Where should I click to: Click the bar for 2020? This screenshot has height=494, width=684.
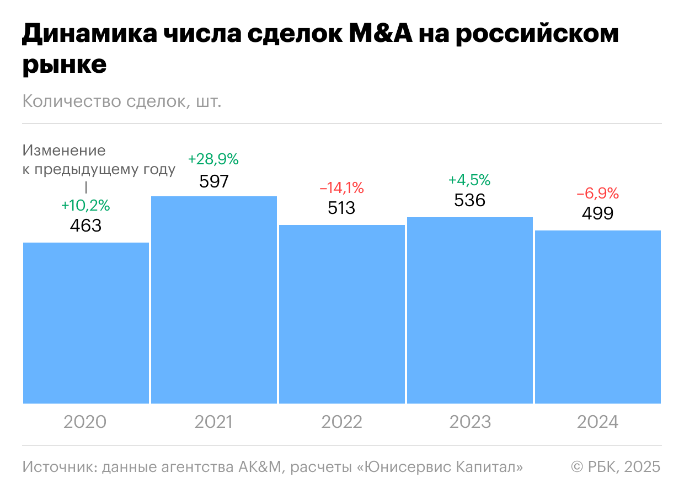86,323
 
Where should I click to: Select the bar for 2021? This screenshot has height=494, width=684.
214,300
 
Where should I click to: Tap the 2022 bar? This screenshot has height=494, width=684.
342,314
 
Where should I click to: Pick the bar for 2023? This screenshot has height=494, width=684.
470,310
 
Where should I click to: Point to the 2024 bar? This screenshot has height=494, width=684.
598,317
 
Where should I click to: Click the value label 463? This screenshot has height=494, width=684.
86,226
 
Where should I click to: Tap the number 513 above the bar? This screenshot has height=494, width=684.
342,208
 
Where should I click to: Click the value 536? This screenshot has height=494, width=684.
470,200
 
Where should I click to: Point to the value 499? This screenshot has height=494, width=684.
598,214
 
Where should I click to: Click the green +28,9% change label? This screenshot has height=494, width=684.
213,160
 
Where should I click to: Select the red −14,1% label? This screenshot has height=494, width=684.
342,189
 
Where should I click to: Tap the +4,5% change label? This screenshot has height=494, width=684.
469,180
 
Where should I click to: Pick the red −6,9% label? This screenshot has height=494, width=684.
598,194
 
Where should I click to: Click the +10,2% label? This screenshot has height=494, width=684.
85,206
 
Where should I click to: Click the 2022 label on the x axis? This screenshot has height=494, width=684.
342,422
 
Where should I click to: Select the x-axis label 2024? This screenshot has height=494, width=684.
598,422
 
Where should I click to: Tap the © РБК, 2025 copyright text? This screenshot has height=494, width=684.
616,467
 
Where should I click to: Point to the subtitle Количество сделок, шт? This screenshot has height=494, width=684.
122,102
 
